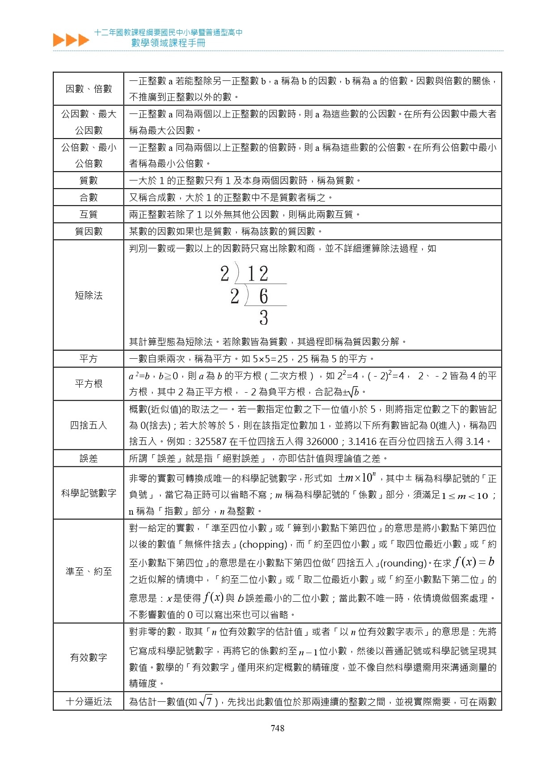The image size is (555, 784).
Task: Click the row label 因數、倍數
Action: click(x=89, y=89)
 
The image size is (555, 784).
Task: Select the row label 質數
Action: click(x=89, y=180)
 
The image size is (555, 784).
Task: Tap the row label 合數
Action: click(x=89, y=197)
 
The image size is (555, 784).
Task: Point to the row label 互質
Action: click(x=89, y=214)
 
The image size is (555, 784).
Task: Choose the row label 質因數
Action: click(x=89, y=231)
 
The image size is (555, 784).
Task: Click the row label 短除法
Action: click(x=89, y=295)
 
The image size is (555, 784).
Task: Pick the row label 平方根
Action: click(x=89, y=384)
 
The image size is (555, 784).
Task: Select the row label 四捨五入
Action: click(x=89, y=425)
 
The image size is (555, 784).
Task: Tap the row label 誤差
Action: click(x=89, y=458)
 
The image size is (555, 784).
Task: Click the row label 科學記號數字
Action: click(x=89, y=493)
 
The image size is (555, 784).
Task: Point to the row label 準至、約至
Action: click(x=89, y=571)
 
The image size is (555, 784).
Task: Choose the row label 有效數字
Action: click(x=89, y=658)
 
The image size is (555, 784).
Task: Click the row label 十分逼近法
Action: click(x=89, y=702)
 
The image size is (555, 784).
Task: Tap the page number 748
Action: click(x=277, y=728)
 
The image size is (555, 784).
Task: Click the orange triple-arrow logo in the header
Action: click(x=71, y=40)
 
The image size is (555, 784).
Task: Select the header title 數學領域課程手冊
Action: click(x=168, y=43)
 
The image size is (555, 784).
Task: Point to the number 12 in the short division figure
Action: click(x=258, y=274)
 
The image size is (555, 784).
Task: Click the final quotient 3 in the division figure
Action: click(x=263, y=318)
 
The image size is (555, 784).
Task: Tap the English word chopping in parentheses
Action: click(x=263, y=545)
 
